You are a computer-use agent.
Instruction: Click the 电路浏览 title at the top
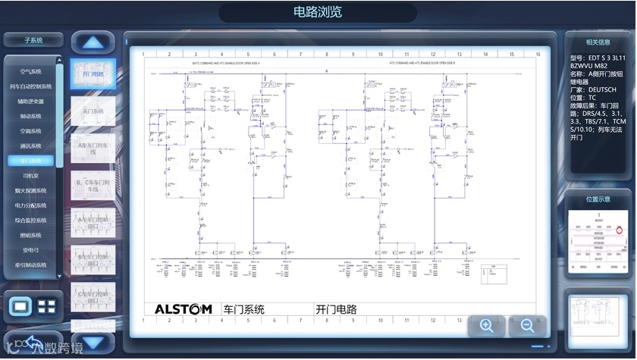click(x=318, y=11)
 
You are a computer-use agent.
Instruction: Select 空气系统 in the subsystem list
click(x=31, y=71)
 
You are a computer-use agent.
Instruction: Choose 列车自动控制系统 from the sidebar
click(x=31, y=86)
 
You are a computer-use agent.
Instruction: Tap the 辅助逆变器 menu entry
click(x=31, y=101)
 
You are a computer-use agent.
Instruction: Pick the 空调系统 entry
click(x=31, y=130)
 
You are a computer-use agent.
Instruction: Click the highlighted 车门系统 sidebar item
click(x=31, y=161)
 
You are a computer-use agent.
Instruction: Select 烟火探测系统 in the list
click(x=31, y=190)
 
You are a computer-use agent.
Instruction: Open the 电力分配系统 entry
click(x=31, y=205)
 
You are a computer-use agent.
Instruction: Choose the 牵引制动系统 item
click(x=31, y=265)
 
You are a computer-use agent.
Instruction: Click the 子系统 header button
click(x=33, y=39)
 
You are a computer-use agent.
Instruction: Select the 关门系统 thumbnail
click(x=93, y=111)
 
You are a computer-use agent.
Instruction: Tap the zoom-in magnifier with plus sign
click(x=487, y=325)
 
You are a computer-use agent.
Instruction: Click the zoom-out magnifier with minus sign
click(x=527, y=325)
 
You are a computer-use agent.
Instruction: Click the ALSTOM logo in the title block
click(x=183, y=309)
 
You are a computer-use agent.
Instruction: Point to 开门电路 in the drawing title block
click(x=337, y=309)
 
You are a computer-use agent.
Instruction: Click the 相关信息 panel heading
click(x=598, y=42)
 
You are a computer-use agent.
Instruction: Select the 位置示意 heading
click(x=598, y=199)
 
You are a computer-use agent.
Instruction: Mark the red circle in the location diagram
click(x=620, y=229)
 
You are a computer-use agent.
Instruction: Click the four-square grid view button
click(x=47, y=307)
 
